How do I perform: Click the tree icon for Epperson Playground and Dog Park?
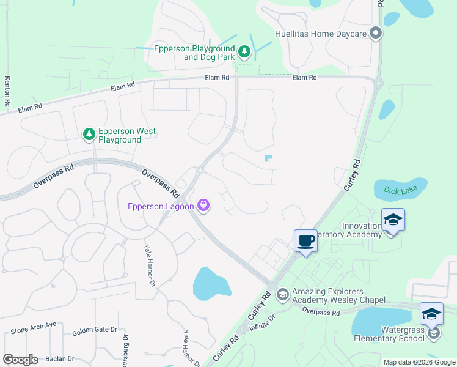coord(244,52)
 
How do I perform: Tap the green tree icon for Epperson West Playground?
coord(89,134)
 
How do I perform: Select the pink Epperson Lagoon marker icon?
coord(203,206)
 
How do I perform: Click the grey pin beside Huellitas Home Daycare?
coord(375,34)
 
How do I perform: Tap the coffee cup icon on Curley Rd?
coord(305,240)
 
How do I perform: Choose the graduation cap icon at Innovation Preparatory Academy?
coord(393,220)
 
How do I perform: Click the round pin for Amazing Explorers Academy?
coord(282,295)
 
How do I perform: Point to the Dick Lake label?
coord(399,191)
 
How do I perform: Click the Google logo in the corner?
coord(20,360)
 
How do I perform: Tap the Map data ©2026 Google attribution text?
coord(419,362)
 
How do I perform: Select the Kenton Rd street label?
coord(7,92)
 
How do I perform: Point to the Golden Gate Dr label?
coord(94,331)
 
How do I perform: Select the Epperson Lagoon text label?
coord(160,206)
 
